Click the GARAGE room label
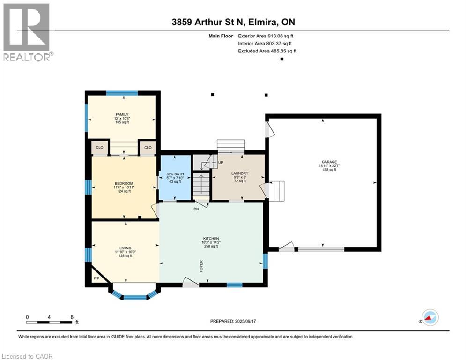pos(329,162)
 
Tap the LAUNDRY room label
pos(239,173)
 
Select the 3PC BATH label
pos(175,174)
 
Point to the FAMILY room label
pos(122,114)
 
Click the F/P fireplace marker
pos(96,278)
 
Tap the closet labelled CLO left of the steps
pos(100,147)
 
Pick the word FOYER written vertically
pos(201,267)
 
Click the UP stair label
pos(221,163)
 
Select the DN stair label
pos(196,209)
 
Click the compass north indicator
pos(429,318)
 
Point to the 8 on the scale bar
pos(72,317)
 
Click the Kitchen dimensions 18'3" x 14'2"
pos(211,242)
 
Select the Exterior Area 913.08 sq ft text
pos(266,36)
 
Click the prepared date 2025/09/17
pos(245,321)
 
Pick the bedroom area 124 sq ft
pos(124,191)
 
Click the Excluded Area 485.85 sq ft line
pos(267,51)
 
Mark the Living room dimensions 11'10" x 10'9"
pos(126,252)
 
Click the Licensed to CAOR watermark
pos(27,356)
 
